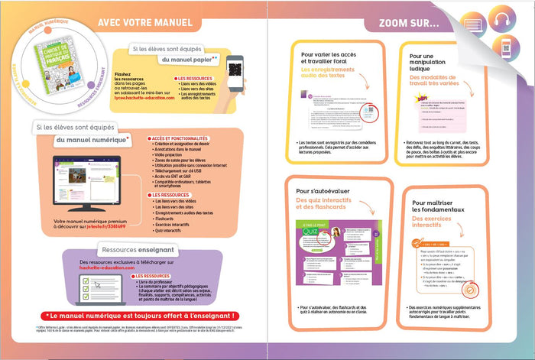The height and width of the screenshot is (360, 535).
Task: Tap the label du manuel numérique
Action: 91,141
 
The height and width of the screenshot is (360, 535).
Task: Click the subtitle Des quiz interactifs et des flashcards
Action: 334,204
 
